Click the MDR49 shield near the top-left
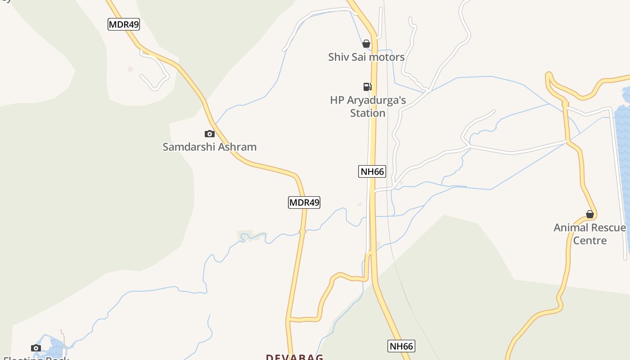pyautogui.click(x=124, y=24)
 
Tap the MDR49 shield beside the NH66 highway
pyautogui.click(x=304, y=202)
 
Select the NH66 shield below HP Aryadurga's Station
pyautogui.click(x=372, y=171)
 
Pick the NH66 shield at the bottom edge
pyautogui.click(x=401, y=346)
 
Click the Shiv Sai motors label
pyautogui.click(x=366, y=57)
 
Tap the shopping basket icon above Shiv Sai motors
pyautogui.click(x=366, y=44)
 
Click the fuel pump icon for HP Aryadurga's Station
pyautogui.click(x=368, y=87)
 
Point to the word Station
pyautogui.click(x=368, y=113)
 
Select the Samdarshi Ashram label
pyautogui.click(x=209, y=147)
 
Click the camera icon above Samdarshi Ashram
pyautogui.click(x=209, y=134)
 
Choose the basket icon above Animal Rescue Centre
pyautogui.click(x=589, y=214)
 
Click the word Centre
pyautogui.click(x=589, y=240)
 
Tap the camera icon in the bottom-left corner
pyautogui.click(x=36, y=348)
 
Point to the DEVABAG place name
pyautogui.click(x=294, y=357)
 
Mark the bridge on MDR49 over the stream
pyautogui.click(x=302, y=232)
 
